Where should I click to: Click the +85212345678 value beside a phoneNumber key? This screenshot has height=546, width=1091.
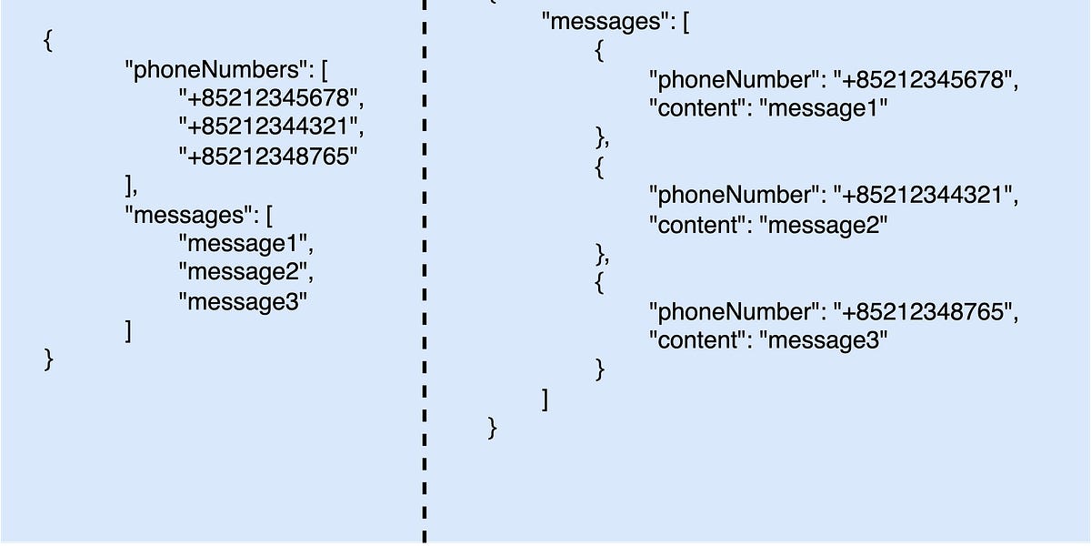click(925, 80)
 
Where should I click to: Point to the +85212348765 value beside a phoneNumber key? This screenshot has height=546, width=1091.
click(925, 311)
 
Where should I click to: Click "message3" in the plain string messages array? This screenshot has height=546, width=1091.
click(244, 301)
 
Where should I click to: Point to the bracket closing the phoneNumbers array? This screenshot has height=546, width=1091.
click(129, 186)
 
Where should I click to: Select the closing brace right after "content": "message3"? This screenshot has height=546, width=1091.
click(599, 369)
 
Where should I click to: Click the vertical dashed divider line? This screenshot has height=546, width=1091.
click(424, 273)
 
